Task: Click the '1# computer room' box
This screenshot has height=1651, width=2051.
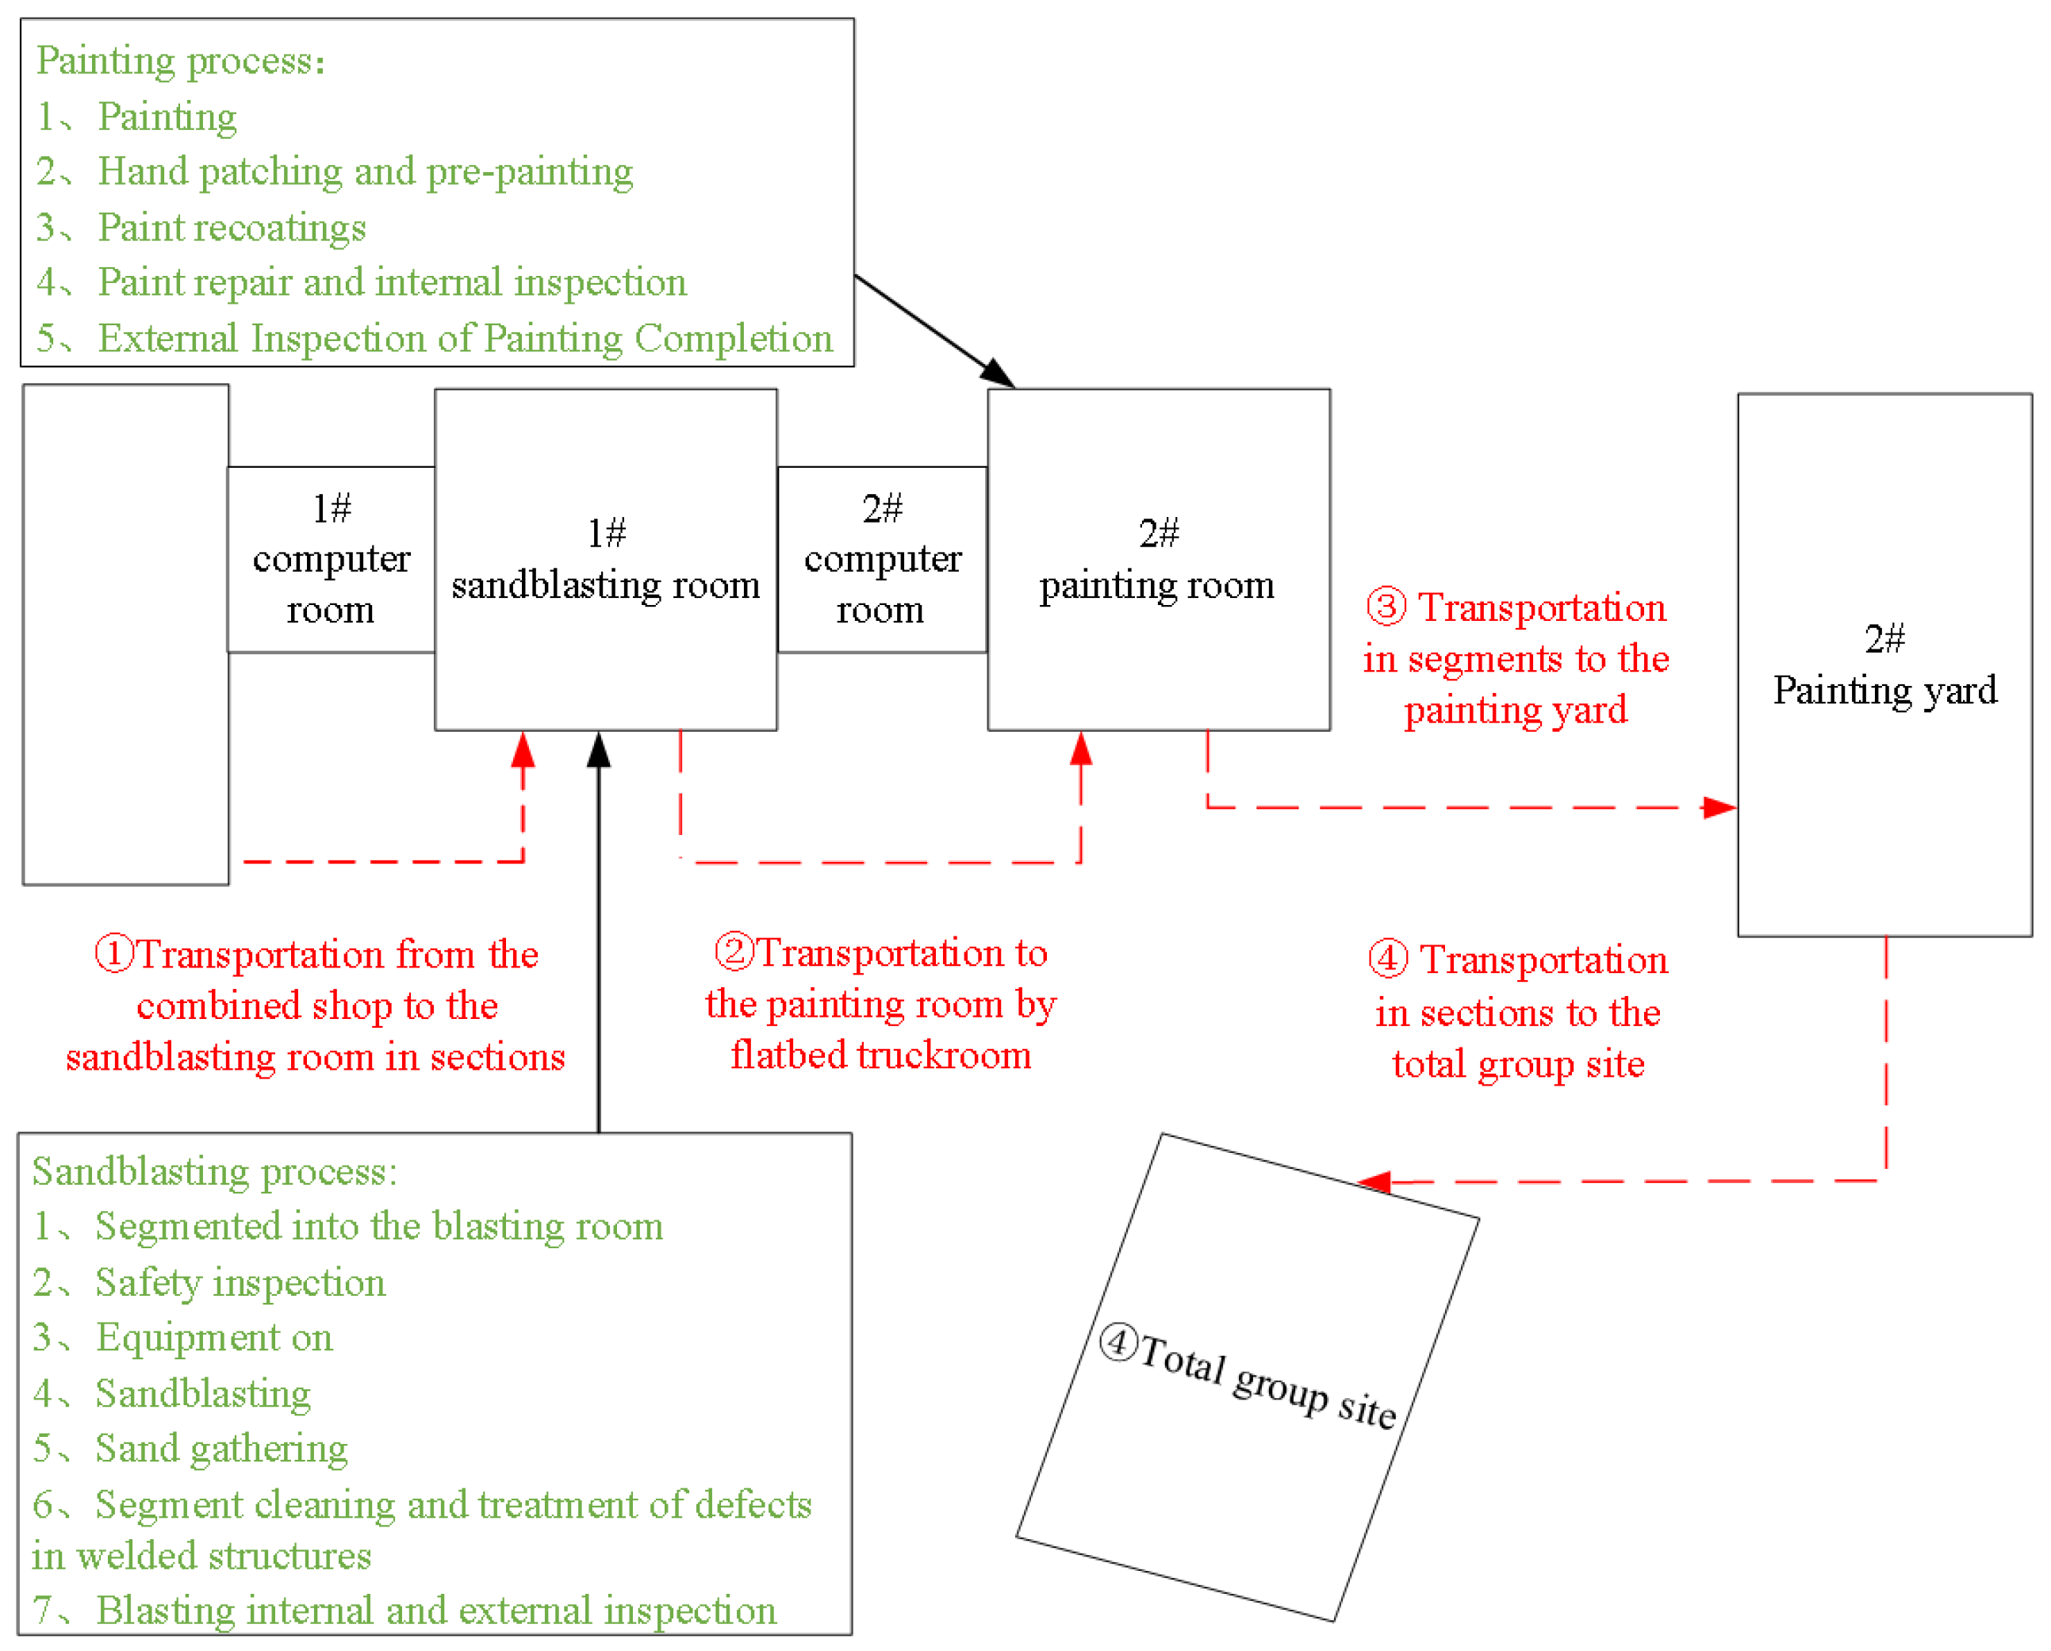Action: point(331,559)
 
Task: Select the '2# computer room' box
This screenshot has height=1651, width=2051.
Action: point(882,559)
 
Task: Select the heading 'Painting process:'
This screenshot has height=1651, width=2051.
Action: point(181,61)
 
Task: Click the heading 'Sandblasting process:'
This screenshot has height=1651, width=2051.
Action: point(214,1172)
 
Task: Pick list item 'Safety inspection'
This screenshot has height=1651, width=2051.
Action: point(240,1283)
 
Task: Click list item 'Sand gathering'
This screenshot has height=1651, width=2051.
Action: point(220,1449)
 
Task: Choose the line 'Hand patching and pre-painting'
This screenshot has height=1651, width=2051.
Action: point(366,172)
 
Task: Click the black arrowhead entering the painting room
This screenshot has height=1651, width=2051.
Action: point(999,373)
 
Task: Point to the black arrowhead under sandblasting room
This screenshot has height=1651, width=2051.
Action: point(598,750)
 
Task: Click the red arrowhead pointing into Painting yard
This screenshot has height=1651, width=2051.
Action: point(1720,807)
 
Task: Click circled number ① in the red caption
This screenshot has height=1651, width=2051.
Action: point(114,954)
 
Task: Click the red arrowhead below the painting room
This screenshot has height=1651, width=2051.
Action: point(1081,750)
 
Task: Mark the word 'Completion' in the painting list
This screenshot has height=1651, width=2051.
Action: point(734,339)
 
